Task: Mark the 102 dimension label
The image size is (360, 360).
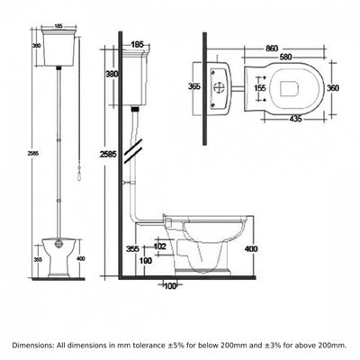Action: [x=159, y=247]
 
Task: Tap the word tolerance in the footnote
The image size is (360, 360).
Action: [x=147, y=345]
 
